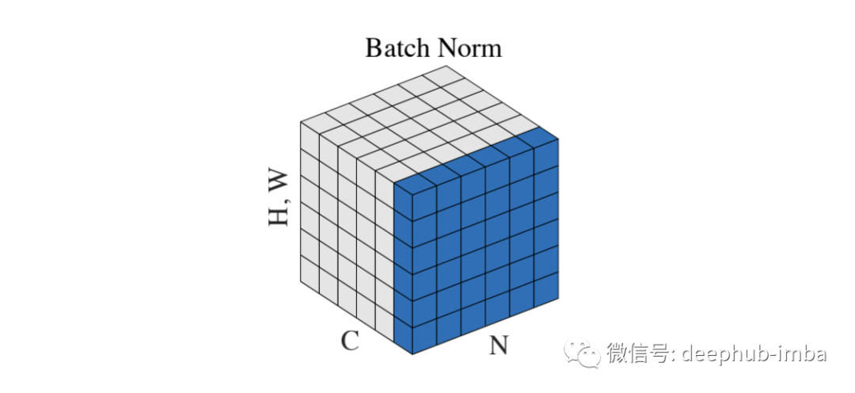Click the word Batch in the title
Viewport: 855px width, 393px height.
click(394, 48)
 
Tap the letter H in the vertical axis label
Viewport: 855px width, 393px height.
click(279, 214)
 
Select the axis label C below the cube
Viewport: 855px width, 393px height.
click(350, 341)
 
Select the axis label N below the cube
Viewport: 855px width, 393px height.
click(498, 346)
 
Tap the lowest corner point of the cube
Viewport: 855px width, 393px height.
click(412, 355)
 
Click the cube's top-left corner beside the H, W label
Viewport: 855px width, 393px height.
click(301, 122)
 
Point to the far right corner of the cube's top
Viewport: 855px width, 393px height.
click(559, 139)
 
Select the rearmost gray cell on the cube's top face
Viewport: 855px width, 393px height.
click(443, 77)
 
